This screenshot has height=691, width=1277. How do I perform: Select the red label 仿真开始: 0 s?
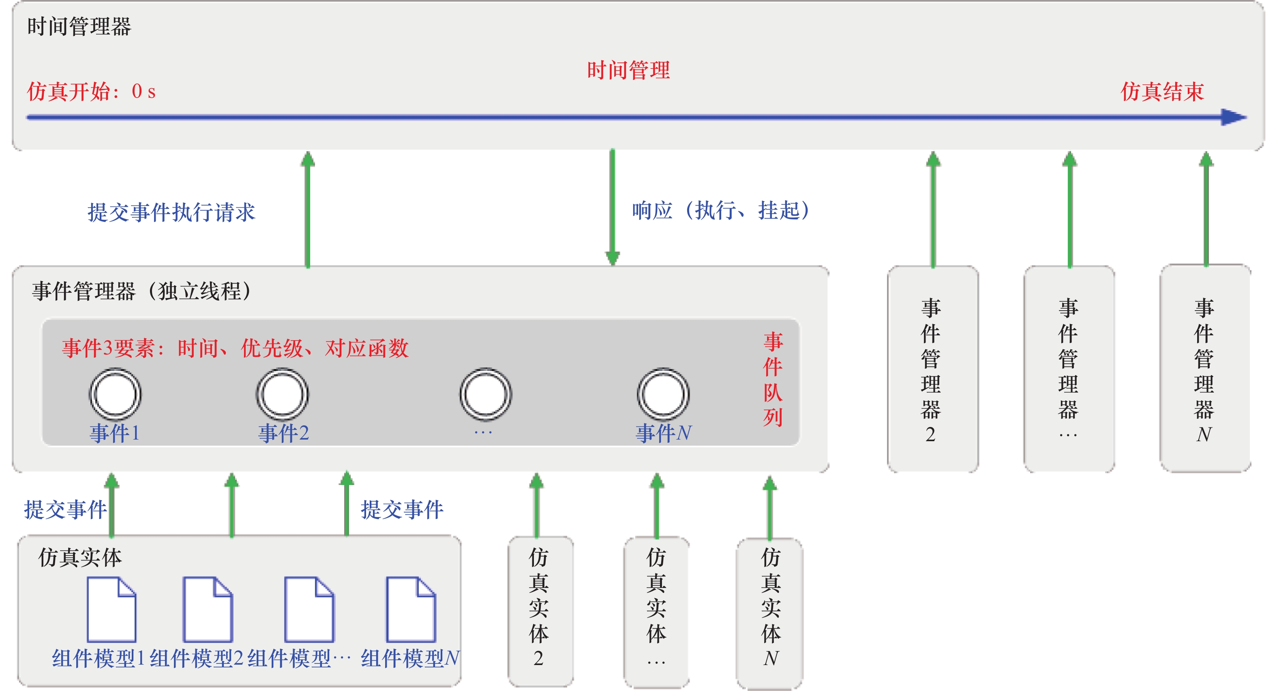[91, 91]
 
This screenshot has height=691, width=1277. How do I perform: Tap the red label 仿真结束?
[1162, 91]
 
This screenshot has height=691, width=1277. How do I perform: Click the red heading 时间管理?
[628, 70]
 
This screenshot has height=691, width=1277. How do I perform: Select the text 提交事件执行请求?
[171, 212]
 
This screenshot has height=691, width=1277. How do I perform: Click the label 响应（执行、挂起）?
[721, 210]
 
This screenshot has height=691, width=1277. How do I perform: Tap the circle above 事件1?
[116, 394]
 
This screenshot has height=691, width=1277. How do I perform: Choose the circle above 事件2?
[283, 394]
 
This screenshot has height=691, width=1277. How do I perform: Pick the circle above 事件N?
[663, 394]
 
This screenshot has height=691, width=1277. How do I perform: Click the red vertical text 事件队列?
[773, 380]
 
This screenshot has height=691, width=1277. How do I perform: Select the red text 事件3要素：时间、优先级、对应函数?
[235, 348]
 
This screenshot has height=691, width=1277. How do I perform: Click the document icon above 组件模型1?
[111, 609]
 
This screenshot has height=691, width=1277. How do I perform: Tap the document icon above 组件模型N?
[411, 609]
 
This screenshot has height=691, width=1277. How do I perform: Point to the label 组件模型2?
[196, 659]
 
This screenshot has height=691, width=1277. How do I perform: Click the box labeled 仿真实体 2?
[540, 611]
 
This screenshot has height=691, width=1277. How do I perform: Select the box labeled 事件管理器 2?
[932, 369]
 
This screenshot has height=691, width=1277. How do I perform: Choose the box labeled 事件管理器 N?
[1204, 369]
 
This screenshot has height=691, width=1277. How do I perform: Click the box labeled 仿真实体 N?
[769, 613]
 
